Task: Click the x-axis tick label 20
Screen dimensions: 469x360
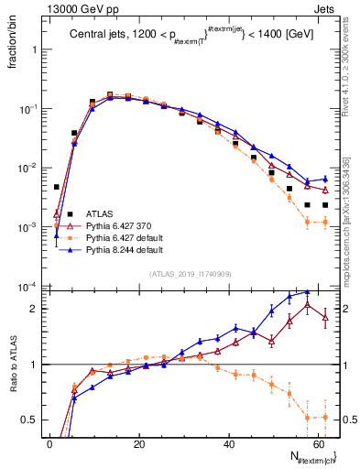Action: (x=139, y=443)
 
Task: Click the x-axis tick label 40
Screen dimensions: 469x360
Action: (x=229, y=443)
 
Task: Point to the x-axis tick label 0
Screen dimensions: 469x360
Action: (x=50, y=443)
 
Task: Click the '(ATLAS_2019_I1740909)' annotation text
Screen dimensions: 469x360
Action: (x=190, y=274)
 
